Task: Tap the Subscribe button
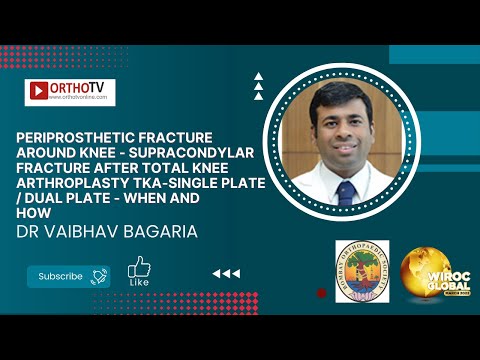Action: tap(61, 275)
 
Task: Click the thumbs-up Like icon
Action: tap(139, 267)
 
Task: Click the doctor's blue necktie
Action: tap(346, 192)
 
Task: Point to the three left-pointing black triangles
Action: tap(226, 273)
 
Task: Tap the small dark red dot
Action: tap(320, 293)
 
